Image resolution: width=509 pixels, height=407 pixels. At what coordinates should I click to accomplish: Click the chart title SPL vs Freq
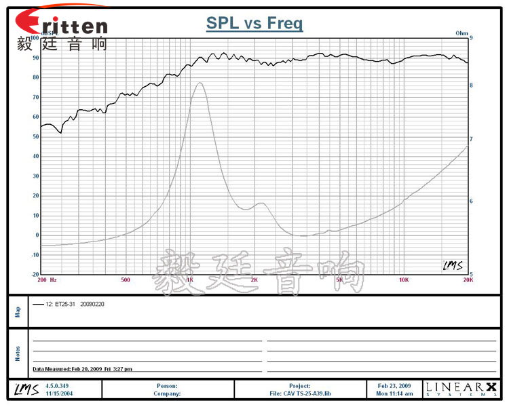pyautogui.click(x=254, y=24)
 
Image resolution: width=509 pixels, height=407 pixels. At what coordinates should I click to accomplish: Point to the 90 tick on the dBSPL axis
pyautogui.click(x=35, y=58)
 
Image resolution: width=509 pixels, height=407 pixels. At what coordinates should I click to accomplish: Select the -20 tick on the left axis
pyautogui.click(x=34, y=275)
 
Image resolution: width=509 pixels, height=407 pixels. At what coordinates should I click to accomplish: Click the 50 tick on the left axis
pyautogui.click(x=35, y=136)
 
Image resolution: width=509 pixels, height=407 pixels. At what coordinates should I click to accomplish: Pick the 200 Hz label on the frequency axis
pyautogui.click(x=48, y=279)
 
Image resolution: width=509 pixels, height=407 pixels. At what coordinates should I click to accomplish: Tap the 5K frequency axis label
pyautogui.click(x=339, y=279)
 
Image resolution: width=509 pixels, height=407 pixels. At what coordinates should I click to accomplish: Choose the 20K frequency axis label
pyautogui.click(x=467, y=279)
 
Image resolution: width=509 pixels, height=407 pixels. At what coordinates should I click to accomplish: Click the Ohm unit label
pyautogui.click(x=462, y=33)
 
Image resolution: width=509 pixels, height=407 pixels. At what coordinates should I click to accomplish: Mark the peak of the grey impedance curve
pyautogui.click(x=200, y=83)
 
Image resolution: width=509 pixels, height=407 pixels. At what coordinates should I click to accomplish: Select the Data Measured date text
pyautogui.click(x=82, y=369)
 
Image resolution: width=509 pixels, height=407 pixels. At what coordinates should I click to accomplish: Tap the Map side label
pyautogui.click(x=18, y=311)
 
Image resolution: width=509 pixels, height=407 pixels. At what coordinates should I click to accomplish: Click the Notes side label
pyautogui.click(x=18, y=353)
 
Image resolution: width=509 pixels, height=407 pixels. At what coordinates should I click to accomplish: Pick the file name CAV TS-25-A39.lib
pyautogui.click(x=299, y=393)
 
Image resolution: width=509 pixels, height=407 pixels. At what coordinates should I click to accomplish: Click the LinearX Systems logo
pyautogui.click(x=461, y=389)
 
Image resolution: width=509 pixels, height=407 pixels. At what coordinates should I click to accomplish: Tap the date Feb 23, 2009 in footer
pyautogui.click(x=394, y=385)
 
